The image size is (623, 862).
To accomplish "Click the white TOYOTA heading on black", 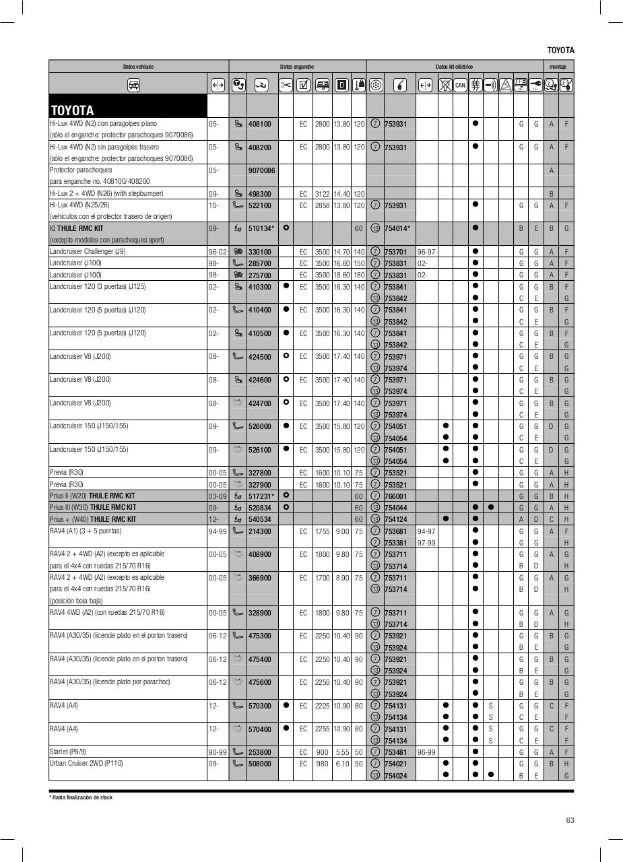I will coord(72,110).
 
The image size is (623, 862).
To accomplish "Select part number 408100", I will coord(259,125).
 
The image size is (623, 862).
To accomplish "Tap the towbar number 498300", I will coord(259,194).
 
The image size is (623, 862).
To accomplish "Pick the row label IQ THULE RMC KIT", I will coord(77,228).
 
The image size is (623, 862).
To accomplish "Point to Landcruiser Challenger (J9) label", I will coord(88,252).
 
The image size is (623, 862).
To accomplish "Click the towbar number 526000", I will coord(259,426).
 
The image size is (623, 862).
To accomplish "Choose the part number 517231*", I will coord(261,496).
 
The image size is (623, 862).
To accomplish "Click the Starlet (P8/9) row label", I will coord(68,752).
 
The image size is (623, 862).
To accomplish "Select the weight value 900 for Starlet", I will coord(322,752).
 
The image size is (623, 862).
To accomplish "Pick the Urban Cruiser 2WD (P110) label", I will coord(86,764).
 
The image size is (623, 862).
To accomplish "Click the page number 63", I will coord(570,820).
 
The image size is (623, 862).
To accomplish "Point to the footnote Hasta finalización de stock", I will coord(81,797).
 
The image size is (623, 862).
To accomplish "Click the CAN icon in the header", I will coord(460,85).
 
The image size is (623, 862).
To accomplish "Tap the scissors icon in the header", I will coord(286,85).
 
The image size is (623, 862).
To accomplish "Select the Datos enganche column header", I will coord(297,67).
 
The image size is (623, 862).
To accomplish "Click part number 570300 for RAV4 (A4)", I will coord(259,706).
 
